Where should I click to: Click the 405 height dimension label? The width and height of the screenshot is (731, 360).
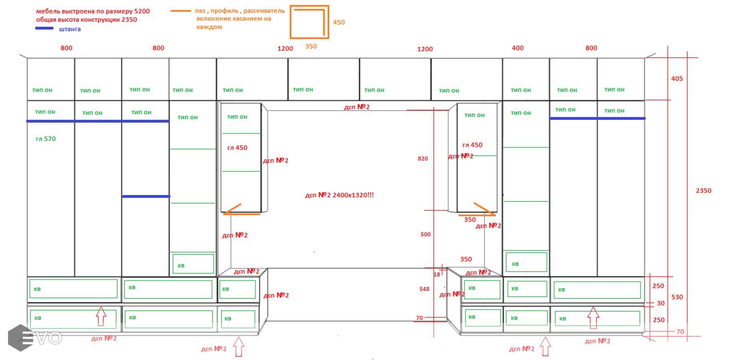point(677,79)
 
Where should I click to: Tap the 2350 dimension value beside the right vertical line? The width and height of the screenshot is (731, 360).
point(703,191)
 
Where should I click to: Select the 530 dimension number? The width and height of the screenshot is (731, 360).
point(677,297)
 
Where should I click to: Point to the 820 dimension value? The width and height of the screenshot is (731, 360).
point(423,159)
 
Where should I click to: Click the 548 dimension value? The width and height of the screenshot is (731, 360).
point(424,289)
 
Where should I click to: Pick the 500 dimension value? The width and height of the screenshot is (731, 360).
point(425,234)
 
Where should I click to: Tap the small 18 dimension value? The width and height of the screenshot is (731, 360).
point(437,274)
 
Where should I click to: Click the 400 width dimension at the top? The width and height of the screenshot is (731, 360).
point(517,48)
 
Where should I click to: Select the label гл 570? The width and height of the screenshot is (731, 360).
point(46,139)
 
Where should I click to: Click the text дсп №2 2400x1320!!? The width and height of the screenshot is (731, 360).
point(339,195)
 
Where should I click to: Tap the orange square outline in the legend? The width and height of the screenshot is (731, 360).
point(309,22)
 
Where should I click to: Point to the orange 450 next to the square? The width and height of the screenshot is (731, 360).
point(338,22)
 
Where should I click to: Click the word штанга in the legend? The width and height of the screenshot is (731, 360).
point(70,29)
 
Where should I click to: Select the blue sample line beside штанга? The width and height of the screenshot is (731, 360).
point(44,28)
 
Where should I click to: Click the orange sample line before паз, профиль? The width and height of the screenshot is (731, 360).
point(180,11)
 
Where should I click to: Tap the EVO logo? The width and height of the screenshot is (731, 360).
point(35,338)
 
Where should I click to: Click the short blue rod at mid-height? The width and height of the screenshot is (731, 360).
point(146,196)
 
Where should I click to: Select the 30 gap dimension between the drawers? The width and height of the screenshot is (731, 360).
point(660,304)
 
